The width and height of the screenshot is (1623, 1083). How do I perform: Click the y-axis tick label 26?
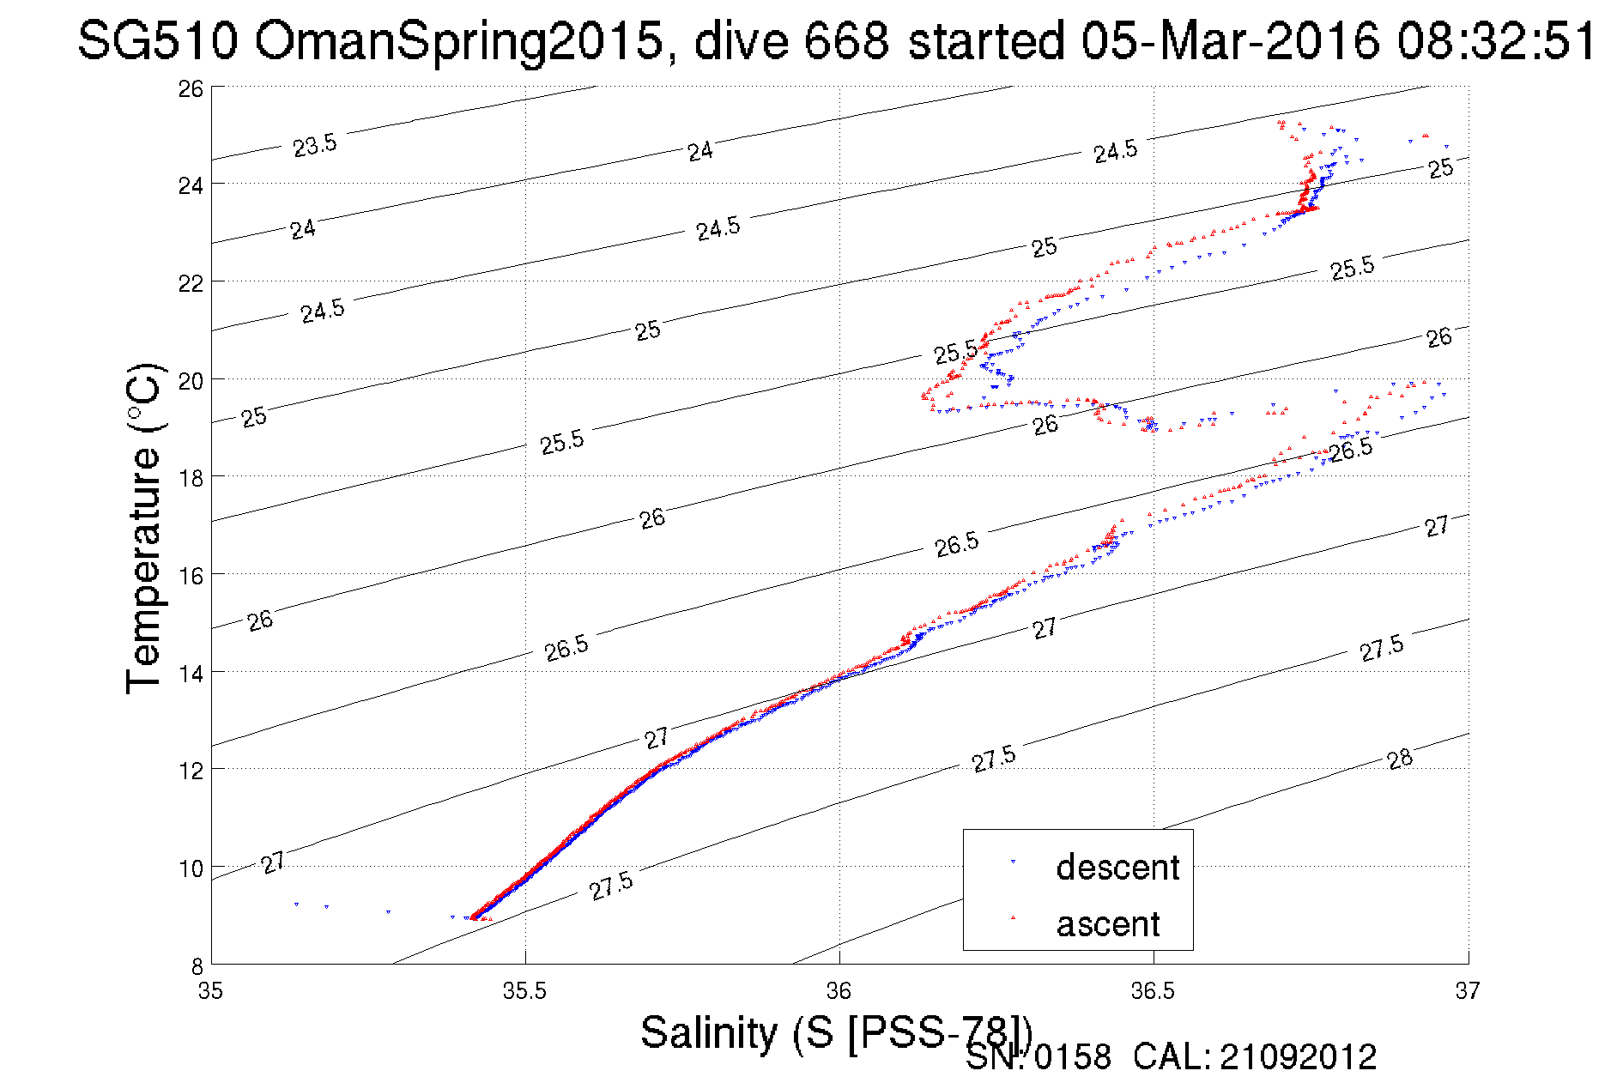click(x=191, y=88)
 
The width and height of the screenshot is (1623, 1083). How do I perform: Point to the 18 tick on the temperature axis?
click(x=191, y=478)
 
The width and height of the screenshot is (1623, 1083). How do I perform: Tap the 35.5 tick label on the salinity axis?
click(x=524, y=991)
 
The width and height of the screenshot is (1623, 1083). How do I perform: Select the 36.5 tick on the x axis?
click(x=1153, y=991)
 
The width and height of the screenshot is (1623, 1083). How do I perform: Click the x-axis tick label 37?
click(x=1468, y=991)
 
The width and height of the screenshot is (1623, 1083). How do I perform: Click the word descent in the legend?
click(x=1117, y=868)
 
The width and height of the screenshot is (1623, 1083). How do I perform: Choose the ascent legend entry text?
click(x=1107, y=924)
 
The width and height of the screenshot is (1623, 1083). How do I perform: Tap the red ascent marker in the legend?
click(x=1013, y=918)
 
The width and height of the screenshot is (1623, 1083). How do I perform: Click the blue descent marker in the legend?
click(x=1013, y=861)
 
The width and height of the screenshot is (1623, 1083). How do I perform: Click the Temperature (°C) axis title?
click(x=143, y=528)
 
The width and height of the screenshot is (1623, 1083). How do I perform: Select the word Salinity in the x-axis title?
click(x=708, y=1032)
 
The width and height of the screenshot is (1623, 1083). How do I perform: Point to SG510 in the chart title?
click(x=156, y=40)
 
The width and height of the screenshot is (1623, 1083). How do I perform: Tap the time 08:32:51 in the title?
click(x=1495, y=40)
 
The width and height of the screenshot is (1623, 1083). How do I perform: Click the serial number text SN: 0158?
click(x=1038, y=1057)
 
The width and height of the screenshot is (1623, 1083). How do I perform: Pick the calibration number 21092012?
click(x=1298, y=1057)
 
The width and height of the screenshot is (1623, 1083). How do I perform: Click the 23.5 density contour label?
click(x=315, y=145)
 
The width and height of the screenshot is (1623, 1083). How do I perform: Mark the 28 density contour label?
click(x=1400, y=759)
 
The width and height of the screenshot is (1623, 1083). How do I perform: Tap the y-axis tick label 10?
click(x=191, y=868)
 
